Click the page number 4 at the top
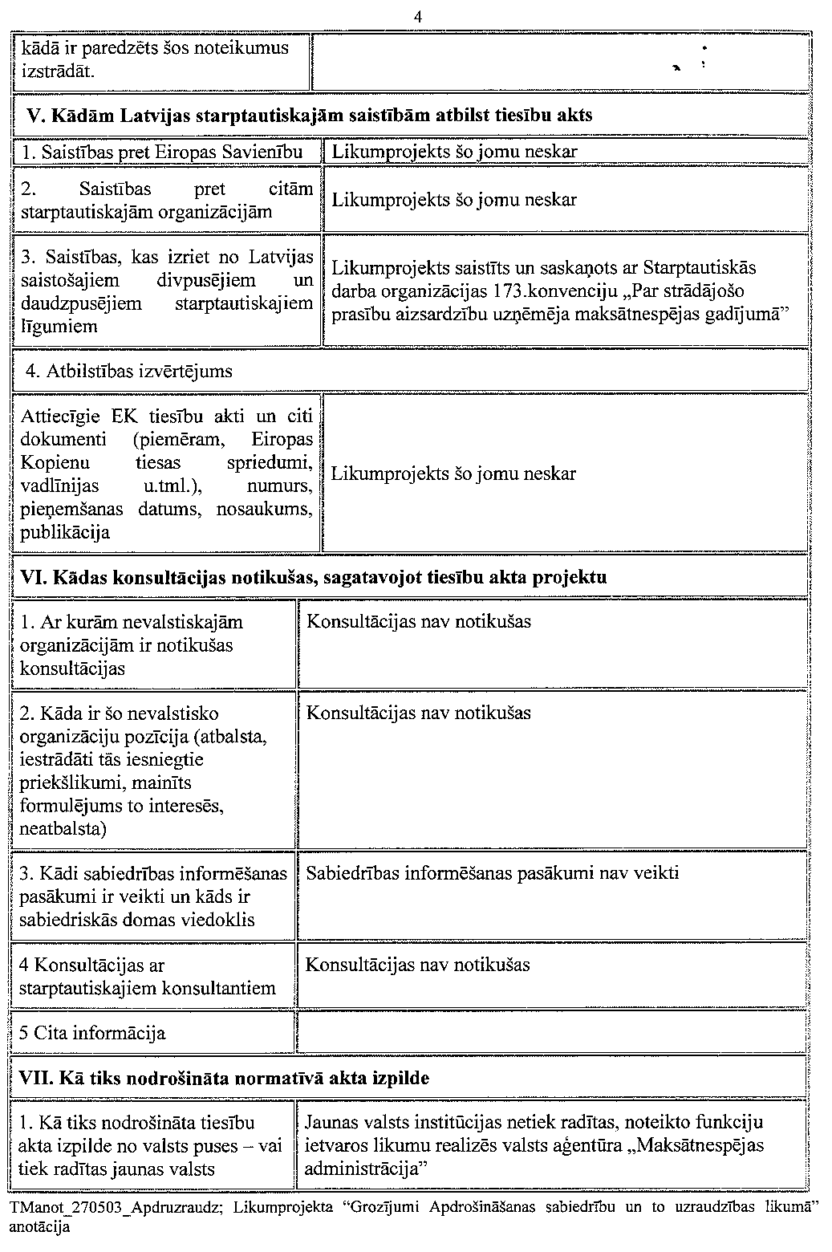[417, 16]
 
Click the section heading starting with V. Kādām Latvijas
[310, 115]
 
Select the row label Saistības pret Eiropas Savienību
[163, 152]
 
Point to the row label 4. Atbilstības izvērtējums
[129, 371]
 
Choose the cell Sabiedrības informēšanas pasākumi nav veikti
[493, 873]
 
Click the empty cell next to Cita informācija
[552, 1033]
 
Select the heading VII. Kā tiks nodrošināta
[228, 1078]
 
